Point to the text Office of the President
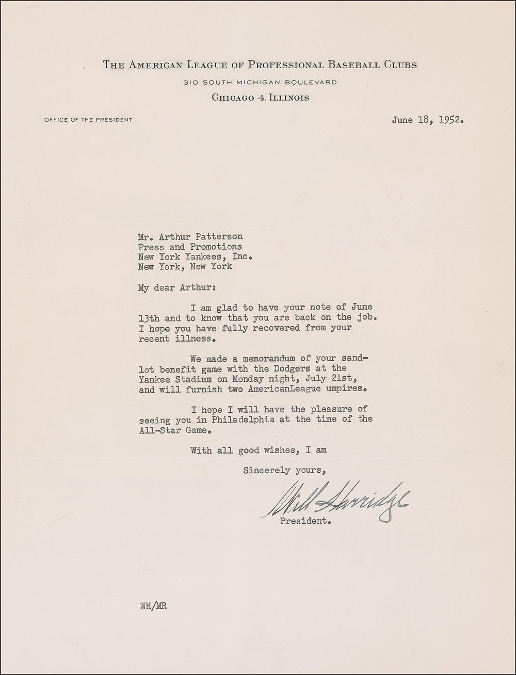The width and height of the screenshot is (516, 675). pyautogui.click(x=88, y=120)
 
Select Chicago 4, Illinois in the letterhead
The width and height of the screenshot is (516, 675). pyautogui.click(x=260, y=98)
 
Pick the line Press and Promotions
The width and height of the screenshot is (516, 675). pyautogui.click(x=190, y=247)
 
